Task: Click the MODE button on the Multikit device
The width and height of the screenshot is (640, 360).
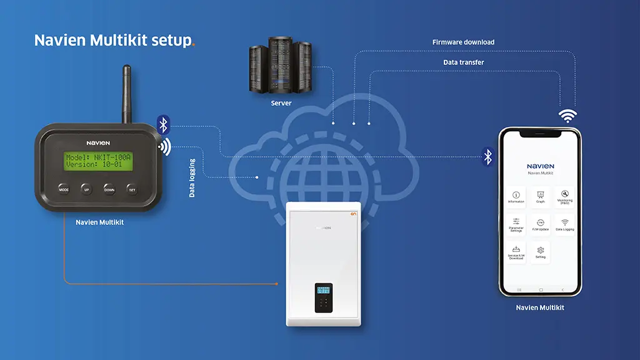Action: tap(64, 188)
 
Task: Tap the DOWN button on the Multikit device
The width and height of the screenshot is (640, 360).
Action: tap(109, 188)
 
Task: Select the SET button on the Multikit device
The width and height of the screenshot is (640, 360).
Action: tap(132, 188)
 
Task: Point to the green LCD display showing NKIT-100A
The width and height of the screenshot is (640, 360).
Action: tap(99, 161)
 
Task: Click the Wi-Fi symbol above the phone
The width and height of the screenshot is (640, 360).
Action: tap(567, 116)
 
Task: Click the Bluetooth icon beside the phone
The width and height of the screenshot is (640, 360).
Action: tap(487, 156)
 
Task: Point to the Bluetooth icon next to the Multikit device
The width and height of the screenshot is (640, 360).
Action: tap(163, 125)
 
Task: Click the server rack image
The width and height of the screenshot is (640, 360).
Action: tap(281, 66)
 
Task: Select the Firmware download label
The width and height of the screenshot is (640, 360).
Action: tap(463, 42)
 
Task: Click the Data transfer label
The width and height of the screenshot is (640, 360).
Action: tap(463, 62)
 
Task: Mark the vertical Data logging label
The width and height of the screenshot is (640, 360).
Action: tap(192, 178)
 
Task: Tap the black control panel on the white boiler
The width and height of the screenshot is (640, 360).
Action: tap(323, 297)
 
